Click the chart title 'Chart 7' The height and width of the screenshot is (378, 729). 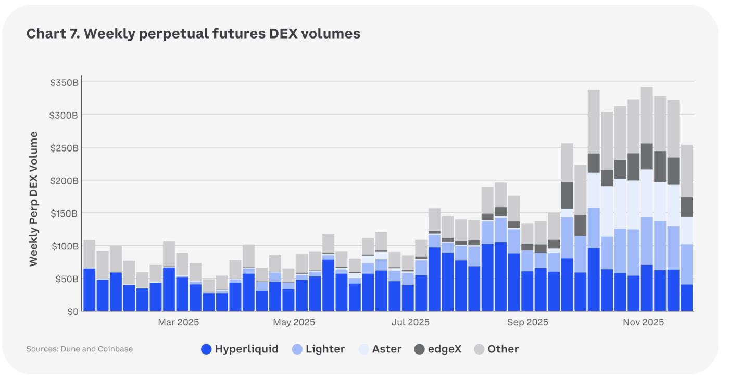pyautogui.click(x=193, y=34)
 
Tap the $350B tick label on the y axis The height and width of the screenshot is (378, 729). pyautogui.click(x=64, y=82)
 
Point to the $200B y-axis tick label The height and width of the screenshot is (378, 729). pyautogui.click(x=64, y=181)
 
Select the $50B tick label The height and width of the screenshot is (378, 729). pyautogui.click(x=66, y=279)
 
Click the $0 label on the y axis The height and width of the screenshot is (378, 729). pyautogui.click(x=72, y=311)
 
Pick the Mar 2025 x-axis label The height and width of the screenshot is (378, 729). pyautogui.click(x=178, y=323)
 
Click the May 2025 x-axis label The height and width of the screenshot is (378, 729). pyautogui.click(x=294, y=323)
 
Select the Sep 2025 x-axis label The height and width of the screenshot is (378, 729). pyautogui.click(x=527, y=323)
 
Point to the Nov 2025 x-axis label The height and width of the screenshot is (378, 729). pyautogui.click(x=644, y=323)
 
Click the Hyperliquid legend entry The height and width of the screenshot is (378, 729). pyautogui.click(x=240, y=349)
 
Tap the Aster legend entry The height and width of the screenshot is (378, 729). pyautogui.click(x=380, y=349)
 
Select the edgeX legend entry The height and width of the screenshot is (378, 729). pyautogui.click(x=437, y=349)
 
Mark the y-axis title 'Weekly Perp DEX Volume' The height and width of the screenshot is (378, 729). pyautogui.click(x=34, y=199)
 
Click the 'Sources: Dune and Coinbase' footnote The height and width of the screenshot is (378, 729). pyautogui.click(x=79, y=349)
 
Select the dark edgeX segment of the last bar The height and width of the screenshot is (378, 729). pyautogui.click(x=687, y=207)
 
